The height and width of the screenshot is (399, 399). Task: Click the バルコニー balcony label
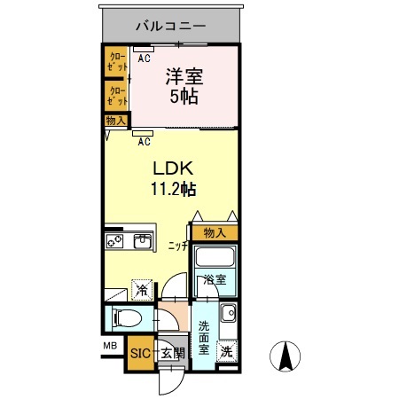171,25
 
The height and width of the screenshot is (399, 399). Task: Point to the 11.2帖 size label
172,188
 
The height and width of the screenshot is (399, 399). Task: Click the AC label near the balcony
144,59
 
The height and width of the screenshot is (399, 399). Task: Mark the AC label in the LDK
144,140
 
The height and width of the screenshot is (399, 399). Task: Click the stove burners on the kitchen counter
115,240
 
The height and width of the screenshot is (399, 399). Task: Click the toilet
126,317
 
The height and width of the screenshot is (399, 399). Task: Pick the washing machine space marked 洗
227,351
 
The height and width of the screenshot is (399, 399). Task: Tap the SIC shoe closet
140,353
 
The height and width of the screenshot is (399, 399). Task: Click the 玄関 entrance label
172,353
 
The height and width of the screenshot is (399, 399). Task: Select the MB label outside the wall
110,345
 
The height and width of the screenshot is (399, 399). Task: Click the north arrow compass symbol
286,356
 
